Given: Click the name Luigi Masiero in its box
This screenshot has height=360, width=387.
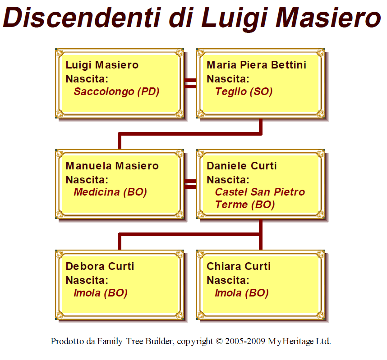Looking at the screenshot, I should coord(102,65).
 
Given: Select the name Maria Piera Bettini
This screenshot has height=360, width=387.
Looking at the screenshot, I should coord(256,65).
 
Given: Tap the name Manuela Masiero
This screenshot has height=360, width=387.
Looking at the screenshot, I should coord(112,166).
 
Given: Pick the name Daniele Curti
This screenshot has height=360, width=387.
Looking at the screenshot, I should coord(241,166).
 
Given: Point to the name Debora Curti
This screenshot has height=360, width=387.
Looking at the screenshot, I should coord(100,266).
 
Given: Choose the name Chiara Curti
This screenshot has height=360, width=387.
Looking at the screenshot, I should coord(239,266).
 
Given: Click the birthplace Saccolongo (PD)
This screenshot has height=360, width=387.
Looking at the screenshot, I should coord(116,92).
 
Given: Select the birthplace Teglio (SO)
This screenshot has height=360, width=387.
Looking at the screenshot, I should coord(244,92).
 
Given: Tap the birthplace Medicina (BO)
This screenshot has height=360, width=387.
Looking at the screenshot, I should coord(110,192).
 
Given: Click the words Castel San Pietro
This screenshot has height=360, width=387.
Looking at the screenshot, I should coord(260,192).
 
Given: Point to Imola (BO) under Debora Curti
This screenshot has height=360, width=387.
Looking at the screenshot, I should coord(100,293).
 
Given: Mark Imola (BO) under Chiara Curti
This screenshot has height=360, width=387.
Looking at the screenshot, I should coord(241,293).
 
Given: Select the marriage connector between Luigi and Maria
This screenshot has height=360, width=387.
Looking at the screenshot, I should coord(190,83).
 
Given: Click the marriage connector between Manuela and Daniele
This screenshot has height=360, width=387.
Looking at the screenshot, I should coord(190,184).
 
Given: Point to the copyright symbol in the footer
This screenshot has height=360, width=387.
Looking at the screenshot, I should coord(220,341).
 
